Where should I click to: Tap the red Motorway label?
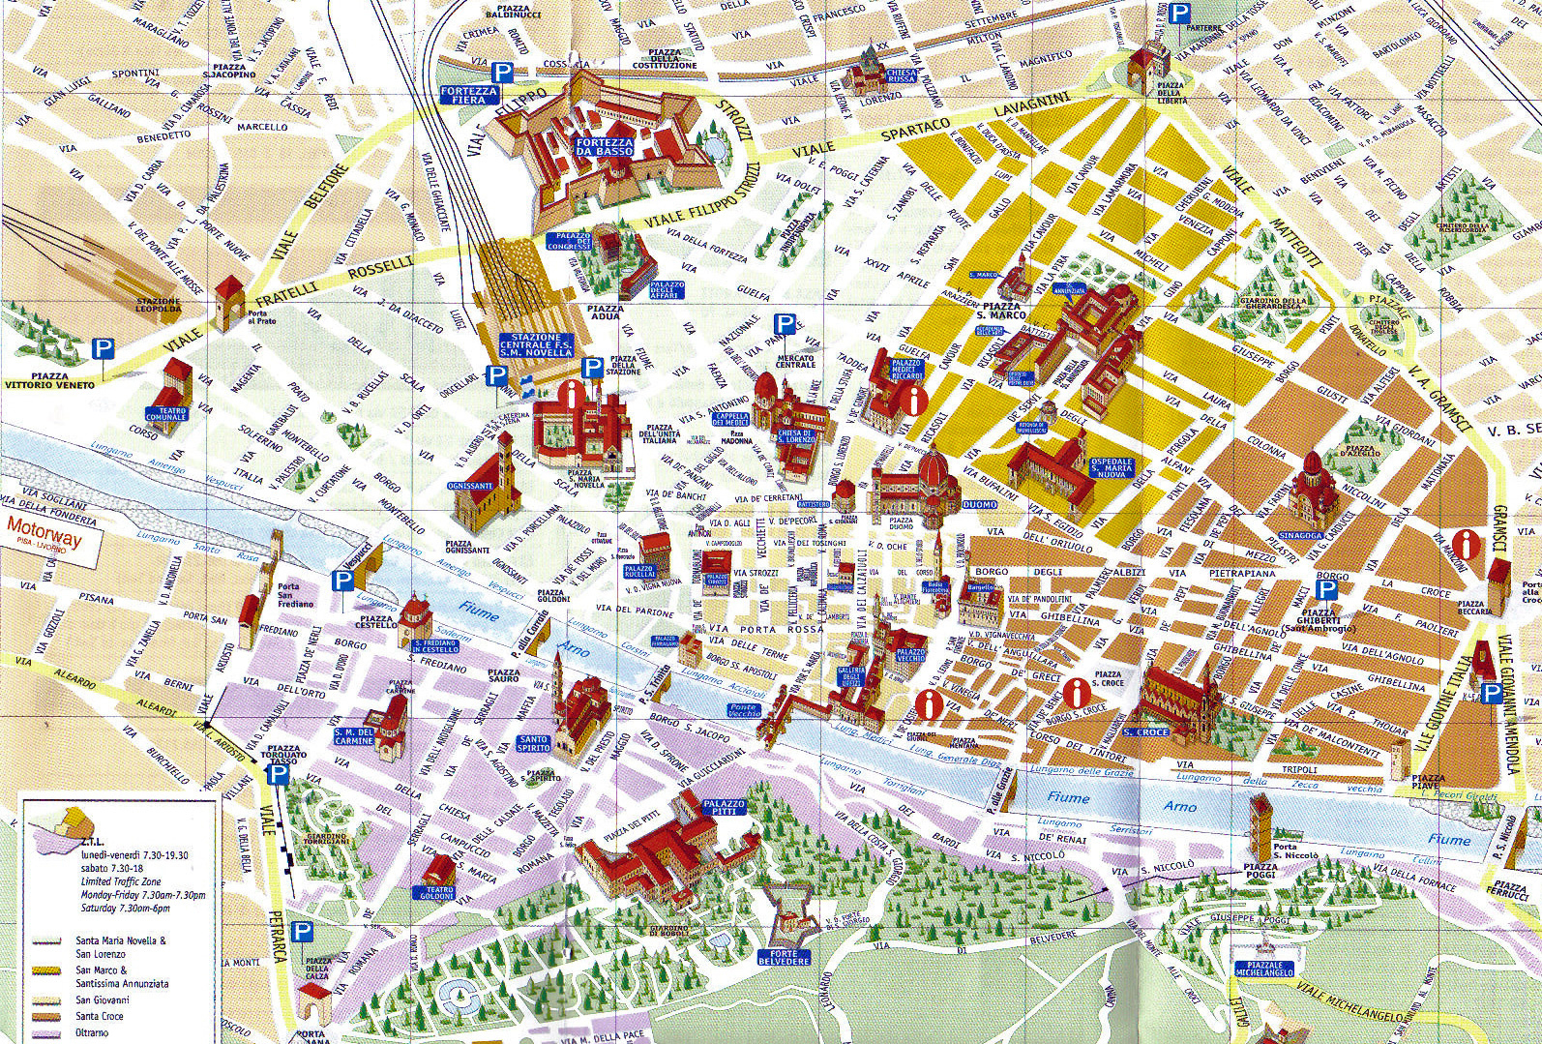44,529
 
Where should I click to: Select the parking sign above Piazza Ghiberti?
1326,590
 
